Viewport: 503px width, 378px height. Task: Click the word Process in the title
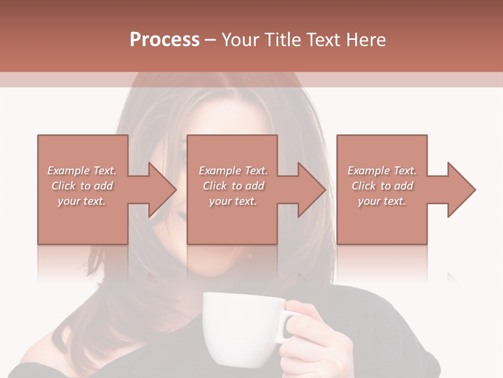point(165,40)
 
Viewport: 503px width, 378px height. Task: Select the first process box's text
point(82,186)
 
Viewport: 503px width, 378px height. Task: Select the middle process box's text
point(233,186)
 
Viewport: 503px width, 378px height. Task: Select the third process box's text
point(382,186)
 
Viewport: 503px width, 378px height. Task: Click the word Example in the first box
point(68,171)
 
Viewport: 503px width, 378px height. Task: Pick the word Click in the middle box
point(215,186)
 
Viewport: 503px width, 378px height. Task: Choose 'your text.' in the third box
point(382,201)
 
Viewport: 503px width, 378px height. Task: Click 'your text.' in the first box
point(82,201)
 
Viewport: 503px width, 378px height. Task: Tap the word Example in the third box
point(368,171)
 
